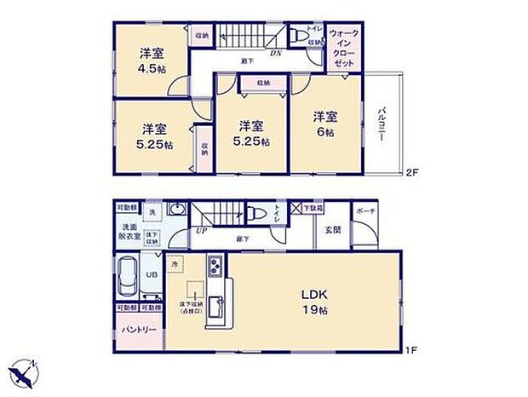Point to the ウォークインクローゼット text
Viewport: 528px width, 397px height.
pos(345,48)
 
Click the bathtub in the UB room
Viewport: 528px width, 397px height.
pos(131,274)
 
